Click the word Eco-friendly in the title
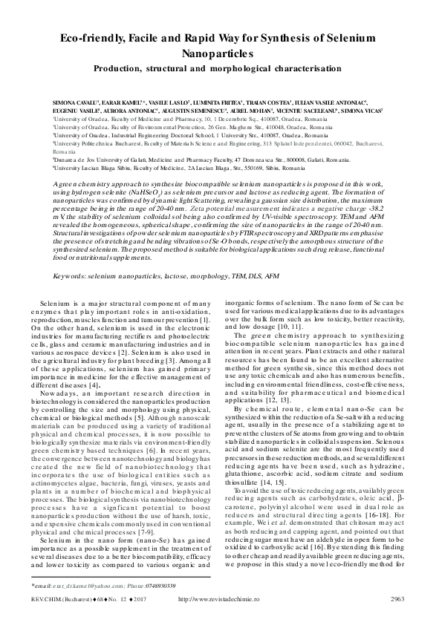(82, 35)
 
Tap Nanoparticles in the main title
(221, 53)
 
